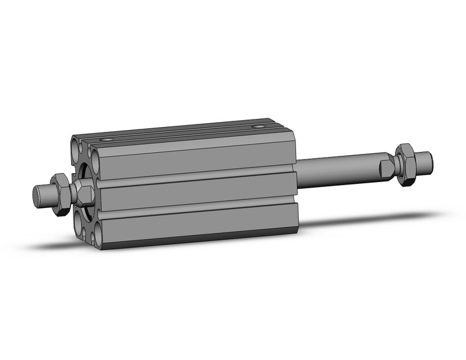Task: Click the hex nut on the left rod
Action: (60, 194)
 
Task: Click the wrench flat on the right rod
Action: (387, 166)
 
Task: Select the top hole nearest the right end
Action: (261, 127)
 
